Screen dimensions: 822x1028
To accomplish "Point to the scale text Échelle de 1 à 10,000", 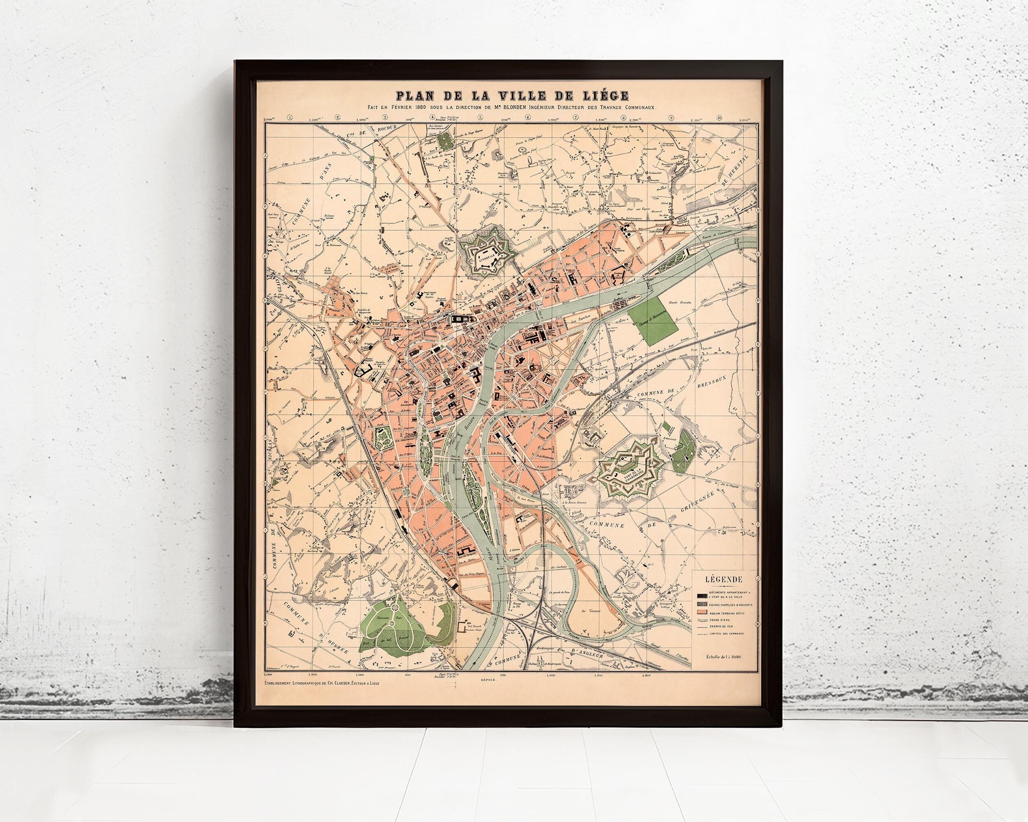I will tap(727, 670).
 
